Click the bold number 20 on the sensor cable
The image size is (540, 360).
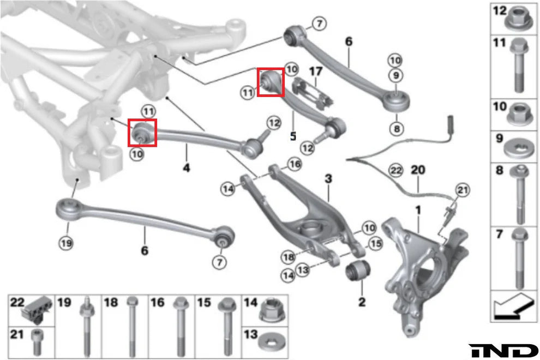click(417, 170)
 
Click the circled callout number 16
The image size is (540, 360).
click(294, 164)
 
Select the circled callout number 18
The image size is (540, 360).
click(289, 256)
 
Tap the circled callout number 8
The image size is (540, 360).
click(394, 129)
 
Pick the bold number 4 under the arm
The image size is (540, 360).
click(187, 168)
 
